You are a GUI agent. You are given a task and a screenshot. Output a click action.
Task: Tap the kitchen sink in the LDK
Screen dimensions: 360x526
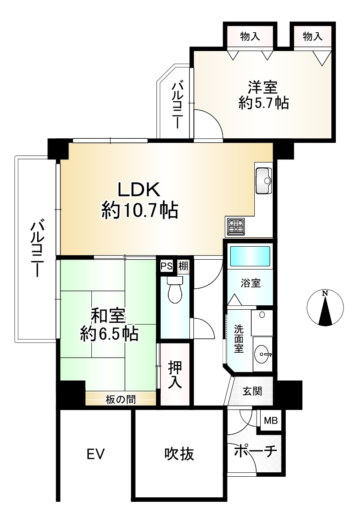(x=264, y=180)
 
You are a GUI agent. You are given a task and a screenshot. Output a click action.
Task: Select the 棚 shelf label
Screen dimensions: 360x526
(x=183, y=266)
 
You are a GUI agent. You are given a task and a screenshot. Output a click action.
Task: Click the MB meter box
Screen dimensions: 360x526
(x=270, y=419)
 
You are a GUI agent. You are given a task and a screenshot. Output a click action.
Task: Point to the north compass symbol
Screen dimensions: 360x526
(x=325, y=308)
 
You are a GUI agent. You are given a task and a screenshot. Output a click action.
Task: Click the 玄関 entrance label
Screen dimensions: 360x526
(x=252, y=391)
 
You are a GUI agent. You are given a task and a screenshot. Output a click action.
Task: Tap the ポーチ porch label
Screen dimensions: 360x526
(x=255, y=450)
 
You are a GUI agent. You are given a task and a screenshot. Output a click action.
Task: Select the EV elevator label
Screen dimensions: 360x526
(x=96, y=454)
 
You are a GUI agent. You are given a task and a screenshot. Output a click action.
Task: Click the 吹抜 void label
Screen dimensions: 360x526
(x=179, y=454)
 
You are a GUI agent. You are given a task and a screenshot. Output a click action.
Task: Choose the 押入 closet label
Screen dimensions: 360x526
(x=175, y=374)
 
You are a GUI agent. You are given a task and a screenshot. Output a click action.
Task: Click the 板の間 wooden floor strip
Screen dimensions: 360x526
(x=120, y=399)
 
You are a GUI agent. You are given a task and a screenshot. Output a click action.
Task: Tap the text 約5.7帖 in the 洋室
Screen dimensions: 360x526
(x=264, y=103)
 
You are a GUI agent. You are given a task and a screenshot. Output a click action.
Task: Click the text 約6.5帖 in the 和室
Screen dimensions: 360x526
(x=109, y=334)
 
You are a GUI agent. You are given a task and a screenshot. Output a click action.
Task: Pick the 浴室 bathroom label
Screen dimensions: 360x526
(x=251, y=283)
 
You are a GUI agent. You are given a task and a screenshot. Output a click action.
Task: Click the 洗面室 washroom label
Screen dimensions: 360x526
(x=239, y=338)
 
